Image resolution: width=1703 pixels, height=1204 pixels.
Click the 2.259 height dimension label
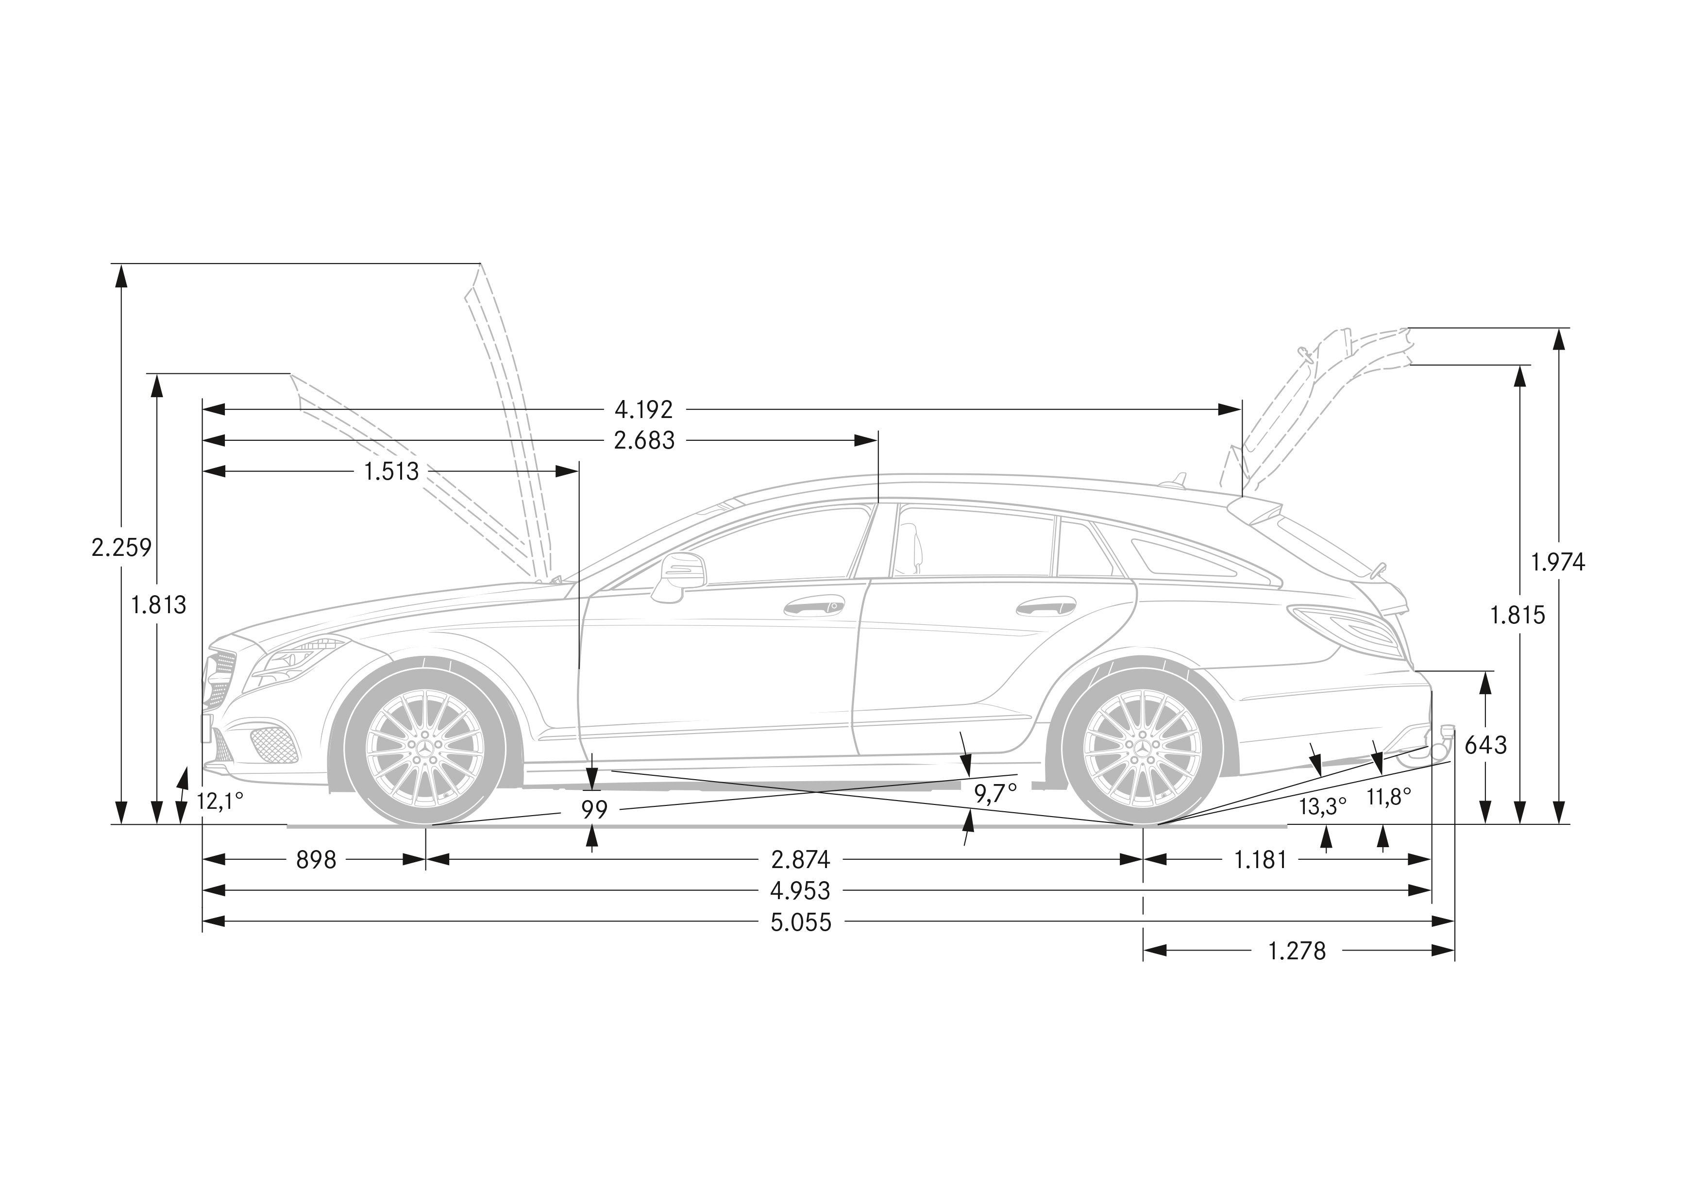pos(121,548)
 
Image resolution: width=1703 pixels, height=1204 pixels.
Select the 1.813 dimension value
pos(159,606)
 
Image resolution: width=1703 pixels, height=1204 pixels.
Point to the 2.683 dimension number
pos(644,440)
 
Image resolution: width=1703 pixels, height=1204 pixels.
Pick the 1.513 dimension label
pos(391,471)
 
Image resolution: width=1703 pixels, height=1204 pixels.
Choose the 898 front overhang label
pos(316,859)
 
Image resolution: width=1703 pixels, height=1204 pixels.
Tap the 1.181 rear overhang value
pos(1260,859)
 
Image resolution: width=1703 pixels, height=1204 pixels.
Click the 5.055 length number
pos(801,922)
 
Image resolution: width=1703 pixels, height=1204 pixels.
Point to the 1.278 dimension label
pos(1297,951)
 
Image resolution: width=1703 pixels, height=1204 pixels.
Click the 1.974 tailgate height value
pos(1558,563)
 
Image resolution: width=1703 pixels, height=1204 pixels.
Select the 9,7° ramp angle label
pos(995,794)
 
